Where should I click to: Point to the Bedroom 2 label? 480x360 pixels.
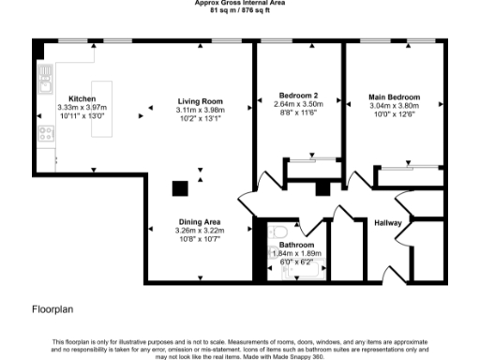click(x=296, y=95)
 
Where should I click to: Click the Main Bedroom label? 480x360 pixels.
click(x=393, y=97)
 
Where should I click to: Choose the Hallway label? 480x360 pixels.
click(x=388, y=222)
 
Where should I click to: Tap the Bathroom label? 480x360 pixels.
click(x=296, y=245)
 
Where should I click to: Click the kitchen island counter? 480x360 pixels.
click(x=98, y=122)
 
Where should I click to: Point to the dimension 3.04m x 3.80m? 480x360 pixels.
click(x=393, y=106)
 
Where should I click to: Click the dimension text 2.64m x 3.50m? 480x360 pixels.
click(x=296, y=103)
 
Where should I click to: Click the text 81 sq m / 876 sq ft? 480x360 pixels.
click(x=240, y=10)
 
